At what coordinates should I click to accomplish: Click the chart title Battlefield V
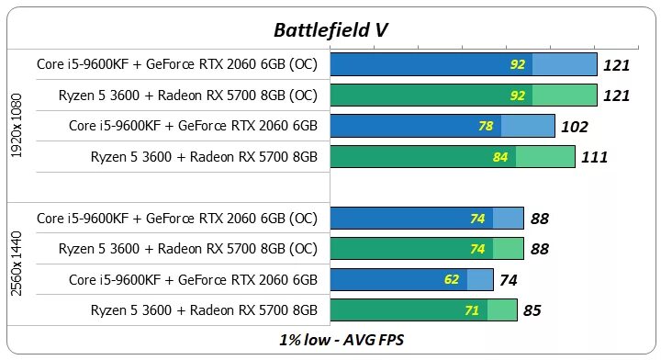tap(330, 29)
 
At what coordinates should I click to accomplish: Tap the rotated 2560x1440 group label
tap(17, 264)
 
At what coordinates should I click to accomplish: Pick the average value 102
tap(574, 127)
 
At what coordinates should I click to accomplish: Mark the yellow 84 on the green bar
tap(500, 157)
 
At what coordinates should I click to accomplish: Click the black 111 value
tap(594, 158)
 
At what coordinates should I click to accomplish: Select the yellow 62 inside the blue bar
tap(454, 280)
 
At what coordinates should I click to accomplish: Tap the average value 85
tap(532, 311)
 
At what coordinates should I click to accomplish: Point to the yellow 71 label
tap(472, 311)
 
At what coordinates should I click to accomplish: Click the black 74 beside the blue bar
tap(508, 280)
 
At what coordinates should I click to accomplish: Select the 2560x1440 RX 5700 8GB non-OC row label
tap(204, 310)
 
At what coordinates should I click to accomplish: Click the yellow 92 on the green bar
tap(518, 96)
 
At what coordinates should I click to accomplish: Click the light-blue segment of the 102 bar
tap(528, 126)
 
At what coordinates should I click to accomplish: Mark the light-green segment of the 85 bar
tap(502, 311)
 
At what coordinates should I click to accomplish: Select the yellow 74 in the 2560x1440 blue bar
tap(477, 219)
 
